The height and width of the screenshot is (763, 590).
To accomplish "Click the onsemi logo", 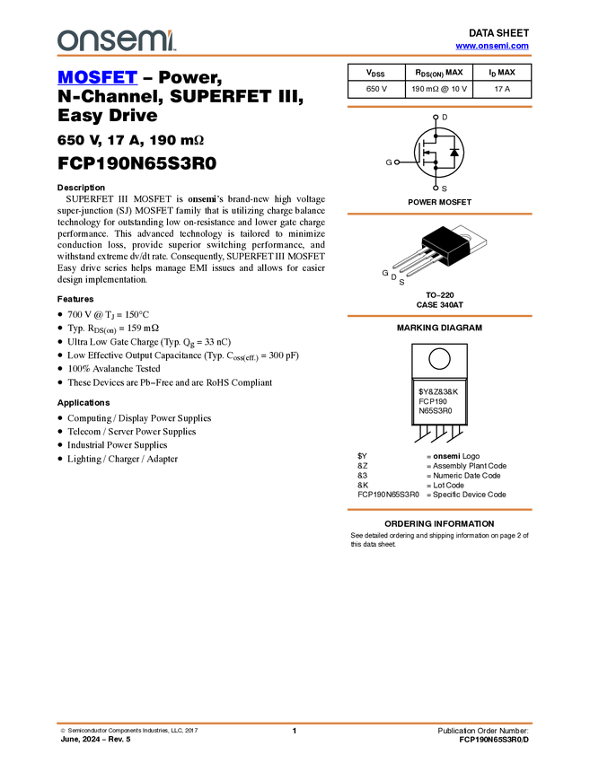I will point(116,40).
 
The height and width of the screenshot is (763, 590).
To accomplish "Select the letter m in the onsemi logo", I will point(154,41).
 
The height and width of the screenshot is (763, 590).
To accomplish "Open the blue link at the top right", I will point(492,46).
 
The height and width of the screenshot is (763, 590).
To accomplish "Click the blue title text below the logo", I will point(97,78).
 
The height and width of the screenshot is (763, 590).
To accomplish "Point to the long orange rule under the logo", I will point(294,56).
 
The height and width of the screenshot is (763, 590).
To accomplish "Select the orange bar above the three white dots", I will point(439,107).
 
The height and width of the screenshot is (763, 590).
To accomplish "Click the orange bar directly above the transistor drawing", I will point(439,214).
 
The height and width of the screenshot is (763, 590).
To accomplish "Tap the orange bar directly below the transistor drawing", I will point(439,316).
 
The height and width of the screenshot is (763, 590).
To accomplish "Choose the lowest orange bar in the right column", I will point(439,510).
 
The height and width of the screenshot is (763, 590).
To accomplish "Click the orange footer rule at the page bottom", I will point(294,723).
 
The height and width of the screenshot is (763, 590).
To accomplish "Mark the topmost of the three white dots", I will point(436,118).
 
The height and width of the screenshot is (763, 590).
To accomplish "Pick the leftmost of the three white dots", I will point(397,162).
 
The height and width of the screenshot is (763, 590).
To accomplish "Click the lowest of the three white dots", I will point(436,188).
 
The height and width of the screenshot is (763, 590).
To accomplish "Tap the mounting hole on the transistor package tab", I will point(465,236).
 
